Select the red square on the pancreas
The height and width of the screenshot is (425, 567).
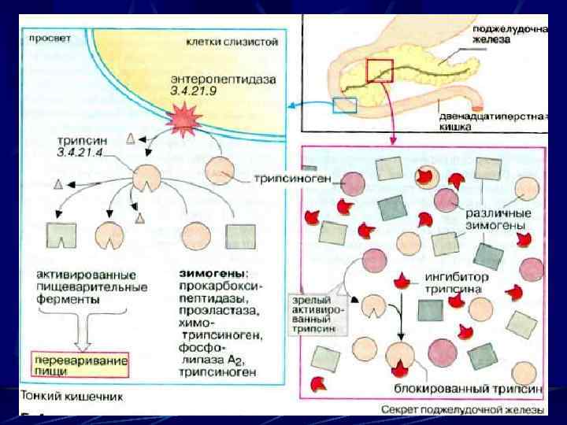tap(380, 70)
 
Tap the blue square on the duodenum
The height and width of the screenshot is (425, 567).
tap(345, 105)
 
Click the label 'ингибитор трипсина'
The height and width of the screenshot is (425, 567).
tap(457, 283)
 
